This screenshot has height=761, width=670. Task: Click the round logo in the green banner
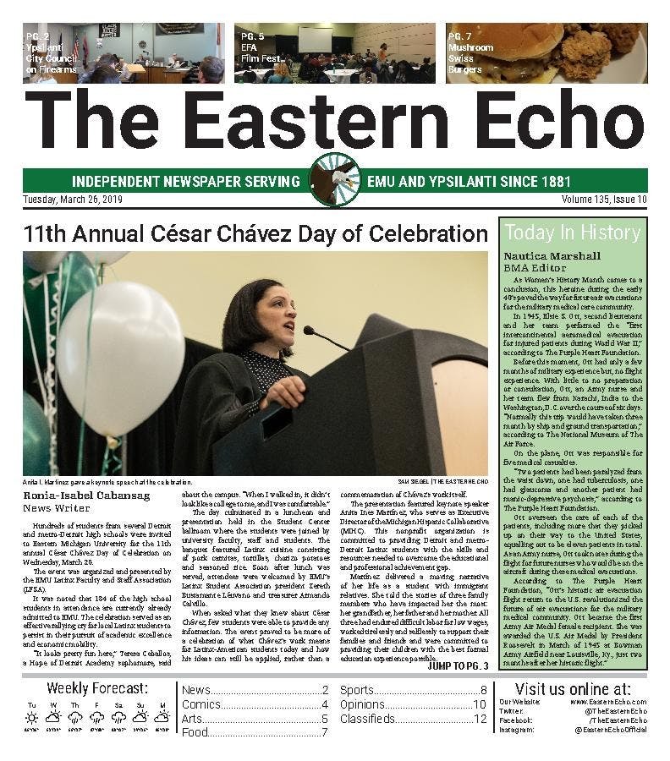tap(335, 179)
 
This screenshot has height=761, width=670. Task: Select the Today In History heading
tap(572, 233)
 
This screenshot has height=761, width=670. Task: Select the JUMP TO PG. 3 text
tap(458, 665)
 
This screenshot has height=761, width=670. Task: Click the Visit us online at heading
tap(572, 687)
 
